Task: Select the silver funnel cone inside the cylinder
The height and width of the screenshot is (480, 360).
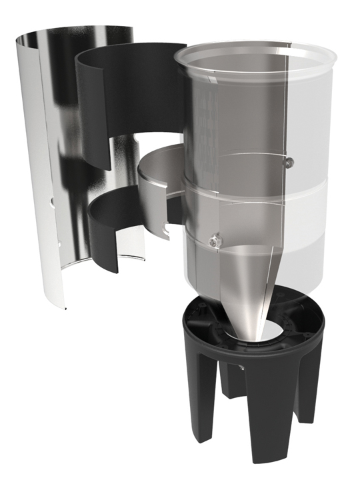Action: coord(247,280)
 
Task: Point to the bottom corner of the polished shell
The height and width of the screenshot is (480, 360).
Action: coord(67,309)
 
